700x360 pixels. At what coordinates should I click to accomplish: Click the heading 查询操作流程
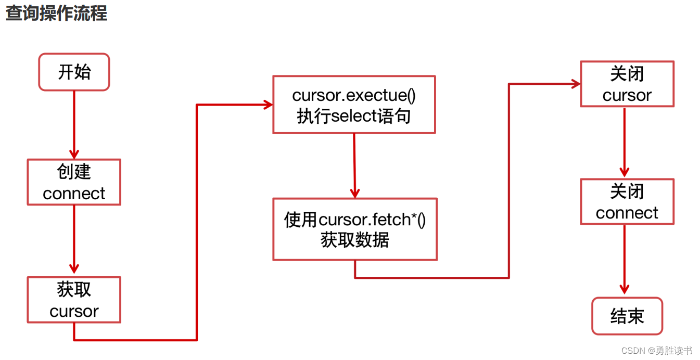[56, 13]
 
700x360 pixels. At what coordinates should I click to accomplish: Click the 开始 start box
[74, 72]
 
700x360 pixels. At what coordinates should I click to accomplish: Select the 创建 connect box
[74, 182]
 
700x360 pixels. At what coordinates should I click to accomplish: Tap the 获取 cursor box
[74, 300]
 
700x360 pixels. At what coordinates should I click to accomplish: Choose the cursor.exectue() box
[354, 105]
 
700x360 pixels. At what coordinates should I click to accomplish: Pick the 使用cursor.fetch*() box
[355, 229]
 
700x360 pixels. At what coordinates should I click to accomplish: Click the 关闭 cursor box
[627, 84]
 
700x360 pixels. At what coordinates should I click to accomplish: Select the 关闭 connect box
[627, 202]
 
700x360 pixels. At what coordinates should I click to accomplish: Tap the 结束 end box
[627, 316]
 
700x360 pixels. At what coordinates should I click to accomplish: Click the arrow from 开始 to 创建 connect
[74, 125]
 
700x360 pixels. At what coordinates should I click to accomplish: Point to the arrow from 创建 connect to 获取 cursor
[74, 239]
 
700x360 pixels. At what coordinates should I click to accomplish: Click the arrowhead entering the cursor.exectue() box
[268, 105]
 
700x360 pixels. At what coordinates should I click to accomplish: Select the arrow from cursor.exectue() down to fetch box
[354, 165]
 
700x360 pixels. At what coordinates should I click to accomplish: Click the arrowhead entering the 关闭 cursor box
[575, 84]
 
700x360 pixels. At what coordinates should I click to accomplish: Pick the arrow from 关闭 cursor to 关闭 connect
[625, 143]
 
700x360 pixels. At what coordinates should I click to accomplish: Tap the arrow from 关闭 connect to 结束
[625, 260]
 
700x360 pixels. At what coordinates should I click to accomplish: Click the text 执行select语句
[354, 115]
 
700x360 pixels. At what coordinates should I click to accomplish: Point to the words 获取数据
[355, 240]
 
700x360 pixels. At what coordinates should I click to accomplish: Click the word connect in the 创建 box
[74, 194]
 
